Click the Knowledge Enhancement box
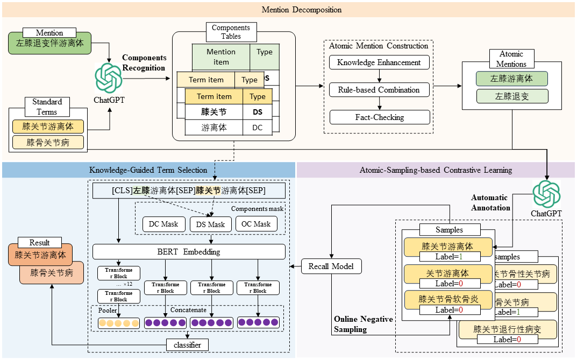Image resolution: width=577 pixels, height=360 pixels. pos(379,62)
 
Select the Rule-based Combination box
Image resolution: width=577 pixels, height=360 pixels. pos(379,90)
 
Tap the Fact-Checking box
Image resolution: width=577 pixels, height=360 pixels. pos(379,117)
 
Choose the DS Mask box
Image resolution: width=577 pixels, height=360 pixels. pos(210,224)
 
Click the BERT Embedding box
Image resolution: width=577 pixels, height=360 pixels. pos(189,252)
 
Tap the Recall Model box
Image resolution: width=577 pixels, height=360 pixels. pos(331,266)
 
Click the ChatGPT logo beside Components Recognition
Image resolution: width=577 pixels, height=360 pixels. pos(109,78)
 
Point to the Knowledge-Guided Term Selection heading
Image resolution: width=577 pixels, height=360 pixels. pos(148,170)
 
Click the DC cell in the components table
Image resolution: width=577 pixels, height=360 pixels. pos(257,128)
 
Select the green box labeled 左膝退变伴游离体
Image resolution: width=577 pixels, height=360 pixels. pos(50,43)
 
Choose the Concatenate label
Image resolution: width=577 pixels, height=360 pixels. pos(188,310)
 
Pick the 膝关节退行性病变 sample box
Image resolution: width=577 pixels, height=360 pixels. pos(508,329)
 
